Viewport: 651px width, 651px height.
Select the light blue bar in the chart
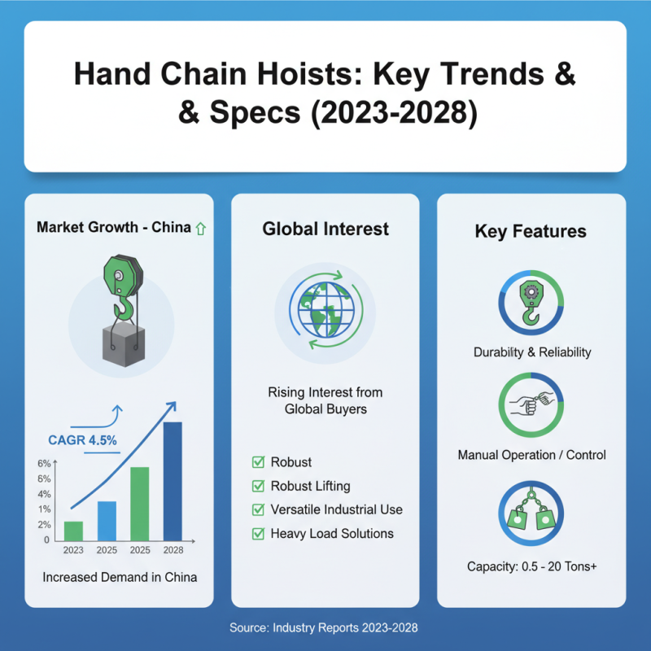point(107,520)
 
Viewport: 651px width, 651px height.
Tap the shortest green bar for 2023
point(73,530)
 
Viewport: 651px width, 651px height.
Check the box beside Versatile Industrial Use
point(258,509)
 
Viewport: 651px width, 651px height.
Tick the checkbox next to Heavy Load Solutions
point(258,534)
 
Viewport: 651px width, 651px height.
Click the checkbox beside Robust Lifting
point(258,486)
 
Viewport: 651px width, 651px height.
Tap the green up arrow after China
point(201,229)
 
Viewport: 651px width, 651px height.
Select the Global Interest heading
point(325,229)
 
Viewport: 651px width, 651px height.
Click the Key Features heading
point(531,231)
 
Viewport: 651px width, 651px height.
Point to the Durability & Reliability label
point(532,352)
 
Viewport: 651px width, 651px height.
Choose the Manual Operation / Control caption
point(531,455)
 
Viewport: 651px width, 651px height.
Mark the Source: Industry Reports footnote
point(325,628)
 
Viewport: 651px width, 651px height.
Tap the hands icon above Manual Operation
point(531,404)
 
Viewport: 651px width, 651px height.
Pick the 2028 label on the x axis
point(173,550)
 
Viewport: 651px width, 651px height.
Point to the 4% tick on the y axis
point(43,494)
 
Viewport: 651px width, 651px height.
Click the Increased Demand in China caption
point(120,577)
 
